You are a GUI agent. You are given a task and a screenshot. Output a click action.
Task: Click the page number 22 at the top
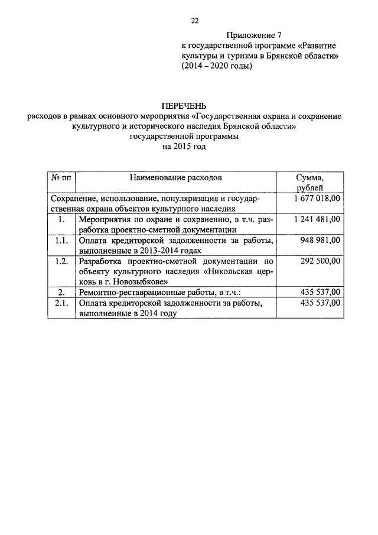[194, 21]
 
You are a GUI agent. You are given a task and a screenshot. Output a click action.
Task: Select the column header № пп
[61, 177]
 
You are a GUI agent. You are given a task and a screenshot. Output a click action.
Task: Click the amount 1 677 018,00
[317, 199]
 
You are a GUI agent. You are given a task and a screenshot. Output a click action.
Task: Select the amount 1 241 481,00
[317, 219]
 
